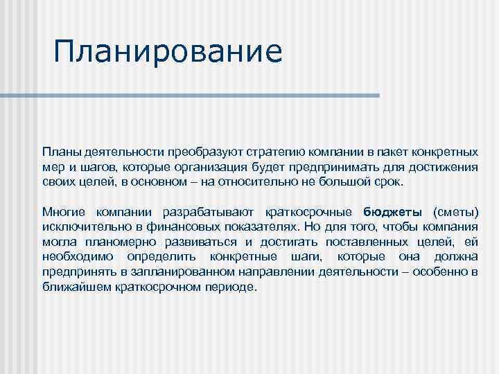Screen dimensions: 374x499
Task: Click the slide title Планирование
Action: tap(168, 53)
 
